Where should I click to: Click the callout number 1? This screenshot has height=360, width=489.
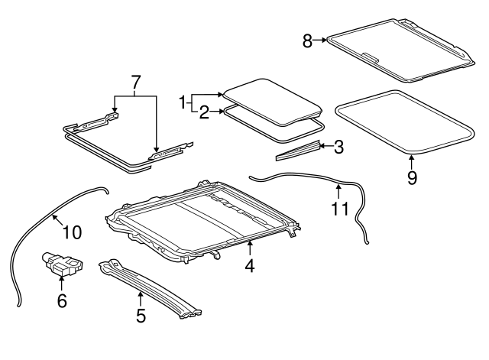tap(183, 100)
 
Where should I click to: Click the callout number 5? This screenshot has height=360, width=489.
tap(141, 315)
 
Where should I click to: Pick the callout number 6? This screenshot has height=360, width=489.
tap(61, 301)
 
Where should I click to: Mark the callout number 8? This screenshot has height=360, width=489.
tap(307, 41)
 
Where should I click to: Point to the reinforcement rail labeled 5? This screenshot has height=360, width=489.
tap(153, 287)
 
